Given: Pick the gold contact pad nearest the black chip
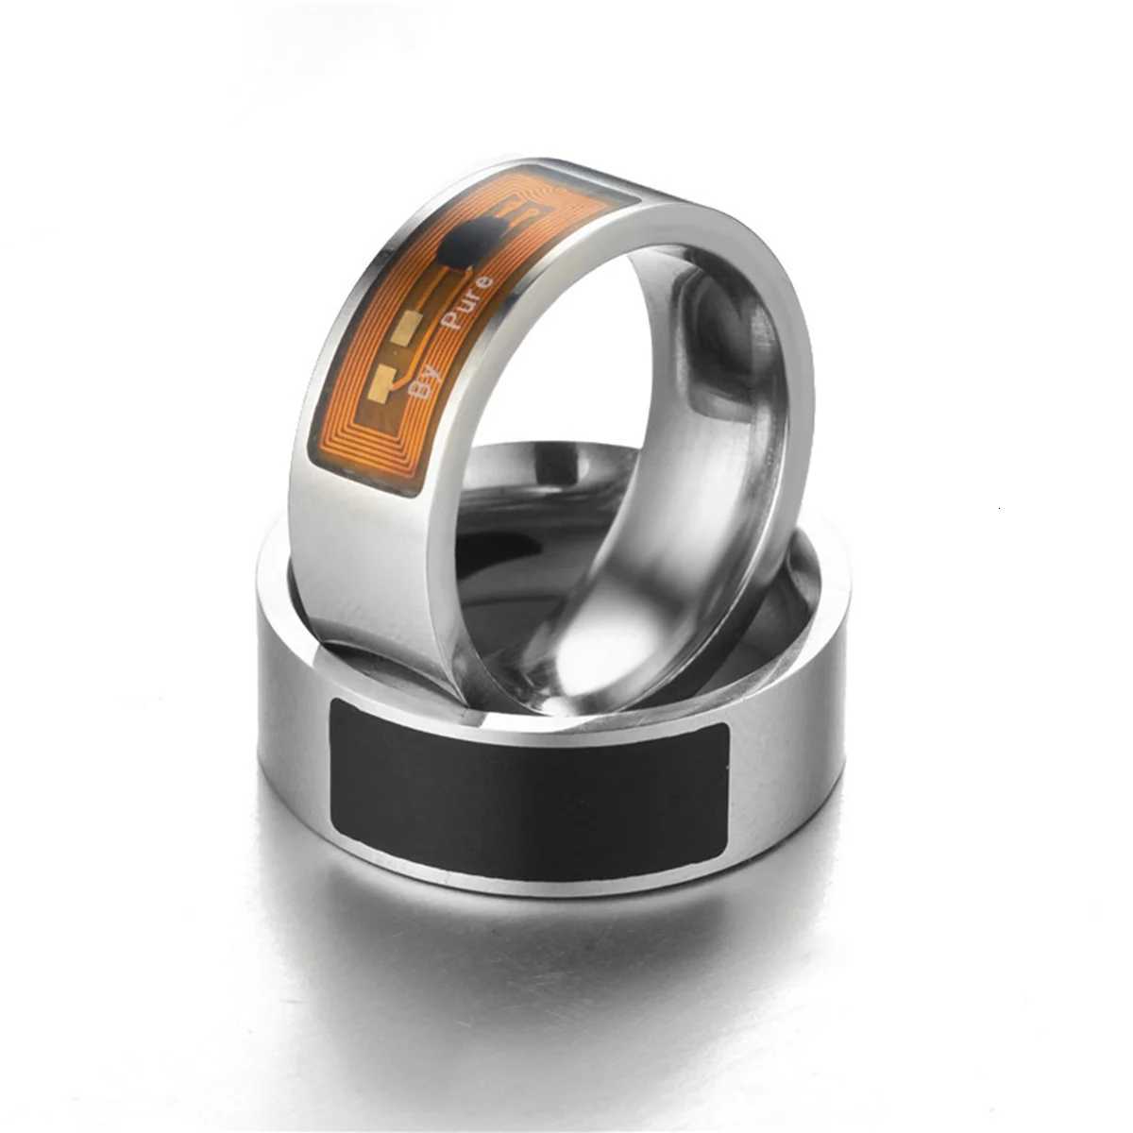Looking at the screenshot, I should point(409,328).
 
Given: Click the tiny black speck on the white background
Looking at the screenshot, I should point(1000,509).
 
